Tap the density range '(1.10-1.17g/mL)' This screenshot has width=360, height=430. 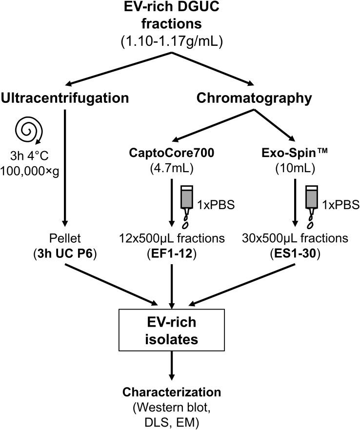(x=171, y=42)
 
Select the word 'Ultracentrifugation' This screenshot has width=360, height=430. (x=65, y=98)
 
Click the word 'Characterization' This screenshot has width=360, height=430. (x=171, y=391)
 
